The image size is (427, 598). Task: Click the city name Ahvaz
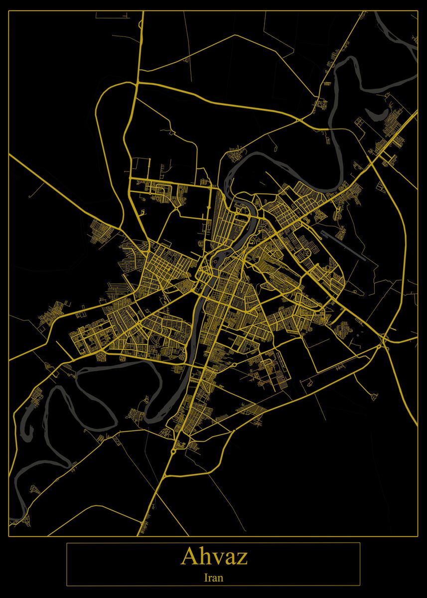click(214, 556)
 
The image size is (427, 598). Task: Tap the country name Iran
click(214, 578)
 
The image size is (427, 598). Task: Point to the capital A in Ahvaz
click(189, 556)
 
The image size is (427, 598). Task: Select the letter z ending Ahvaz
click(242, 559)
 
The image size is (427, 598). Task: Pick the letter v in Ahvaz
click(217, 559)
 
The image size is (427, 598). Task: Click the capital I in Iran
click(206, 578)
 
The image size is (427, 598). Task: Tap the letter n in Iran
click(221, 579)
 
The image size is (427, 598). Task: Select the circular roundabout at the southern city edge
click(173, 451)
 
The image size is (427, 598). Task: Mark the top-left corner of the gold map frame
click(9, 11)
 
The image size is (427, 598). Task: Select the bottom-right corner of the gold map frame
click(418, 536)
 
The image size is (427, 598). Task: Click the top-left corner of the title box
click(67, 543)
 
